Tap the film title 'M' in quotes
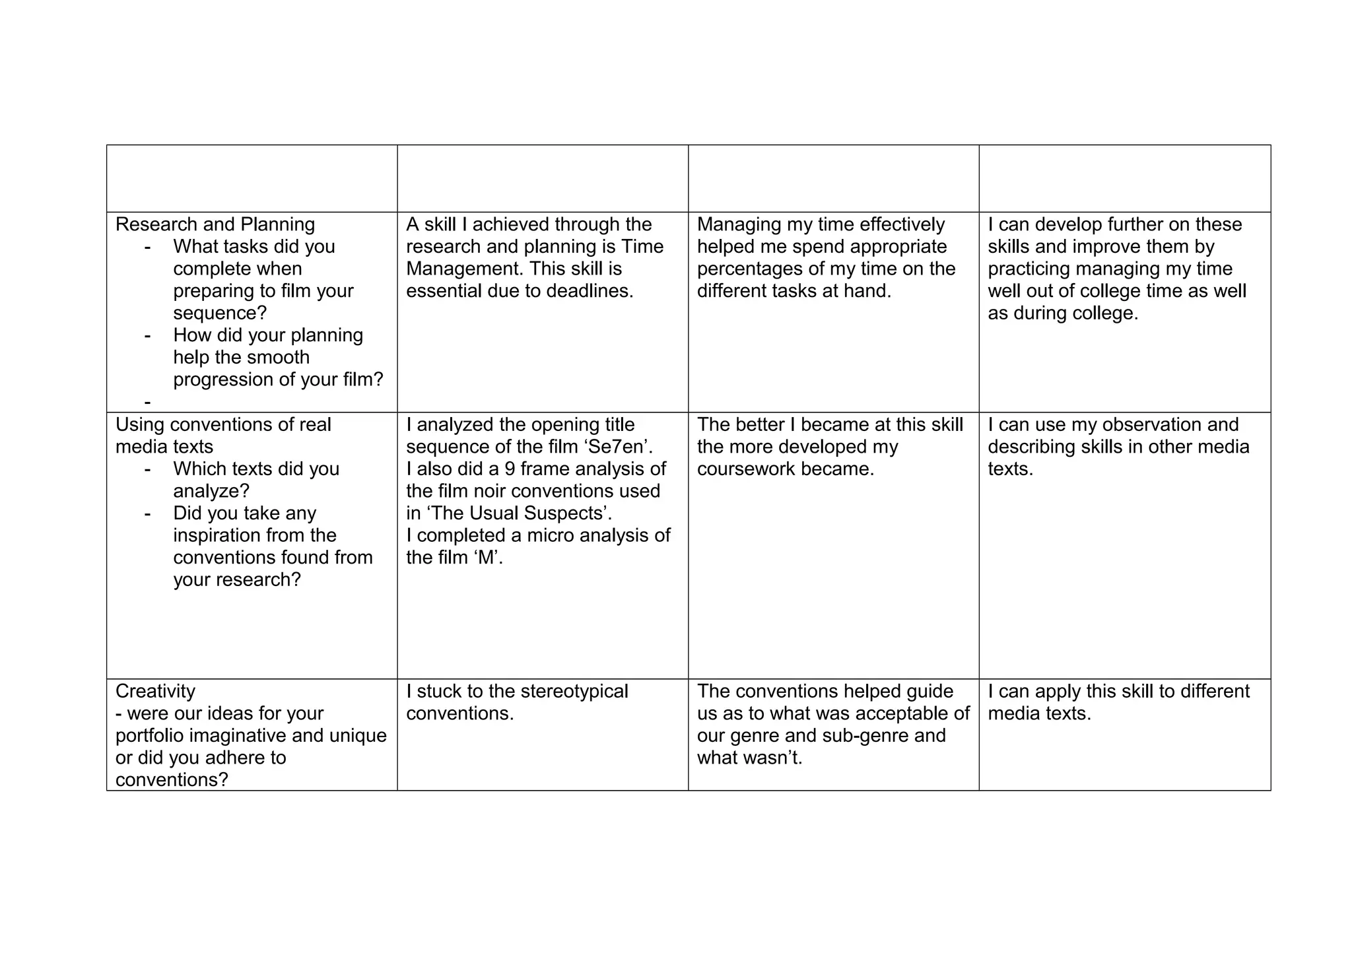click(486, 558)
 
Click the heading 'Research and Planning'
click(215, 224)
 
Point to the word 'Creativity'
click(155, 691)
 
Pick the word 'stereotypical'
click(574, 691)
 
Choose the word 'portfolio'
click(154, 735)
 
